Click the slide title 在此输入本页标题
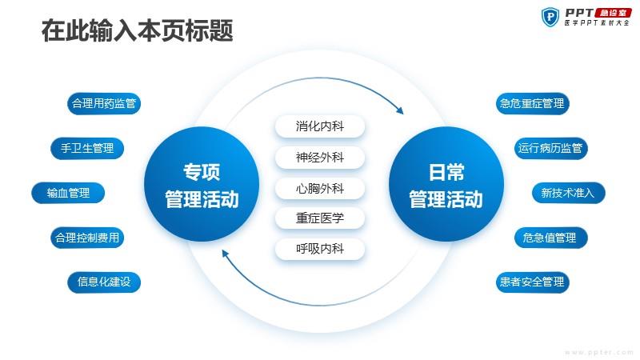coord(137,30)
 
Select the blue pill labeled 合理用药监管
coord(104,104)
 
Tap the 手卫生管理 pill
coord(87,148)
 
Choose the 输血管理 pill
coord(68,193)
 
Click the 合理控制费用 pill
coord(87,238)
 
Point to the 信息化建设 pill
coord(104,282)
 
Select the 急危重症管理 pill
coord(532,104)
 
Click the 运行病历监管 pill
coord(550,148)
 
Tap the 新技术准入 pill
coord(569,193)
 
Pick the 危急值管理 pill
coord(550,238)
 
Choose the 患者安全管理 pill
coord(532,282)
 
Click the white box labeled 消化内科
coord(320,126)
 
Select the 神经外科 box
coord(320,158)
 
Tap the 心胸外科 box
coord(320,189)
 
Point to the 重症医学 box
coord(320,218)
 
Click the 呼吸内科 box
coord(320,249)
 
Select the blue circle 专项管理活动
coord(202,184)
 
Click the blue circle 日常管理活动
coord(446,184)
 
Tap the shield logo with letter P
coord(550,17)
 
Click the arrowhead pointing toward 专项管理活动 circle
coord(225,254)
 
